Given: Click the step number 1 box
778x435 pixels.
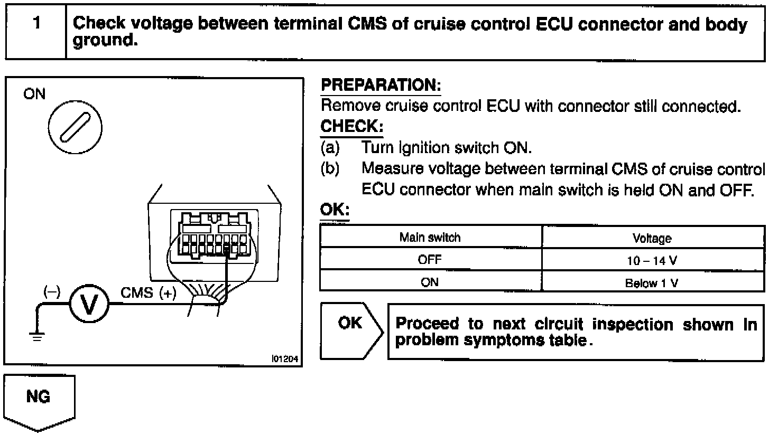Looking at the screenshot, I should tap(36, 32).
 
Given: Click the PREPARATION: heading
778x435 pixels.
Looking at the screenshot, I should tap(381, 85).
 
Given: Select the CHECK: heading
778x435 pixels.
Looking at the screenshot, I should tap(351, 127).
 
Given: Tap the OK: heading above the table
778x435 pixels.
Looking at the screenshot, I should tap(335, 210).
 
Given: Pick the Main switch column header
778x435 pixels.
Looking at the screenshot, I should tap(430, 238).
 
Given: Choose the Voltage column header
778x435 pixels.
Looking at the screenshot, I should tap(652, 239).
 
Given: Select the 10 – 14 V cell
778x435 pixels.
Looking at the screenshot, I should tap(652, 261).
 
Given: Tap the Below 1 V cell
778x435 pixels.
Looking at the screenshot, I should tap(652, 283).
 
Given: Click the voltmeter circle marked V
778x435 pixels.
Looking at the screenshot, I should tap(89, 305).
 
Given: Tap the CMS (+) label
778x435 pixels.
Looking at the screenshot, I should tap(149, 293).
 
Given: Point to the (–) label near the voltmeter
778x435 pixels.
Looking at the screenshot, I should tap(52, 291).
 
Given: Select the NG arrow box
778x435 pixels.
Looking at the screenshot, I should tap(39, 401).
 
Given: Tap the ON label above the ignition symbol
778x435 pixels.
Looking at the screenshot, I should tap(35, 94).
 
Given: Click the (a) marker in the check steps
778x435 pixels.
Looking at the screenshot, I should tap(330, 148).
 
